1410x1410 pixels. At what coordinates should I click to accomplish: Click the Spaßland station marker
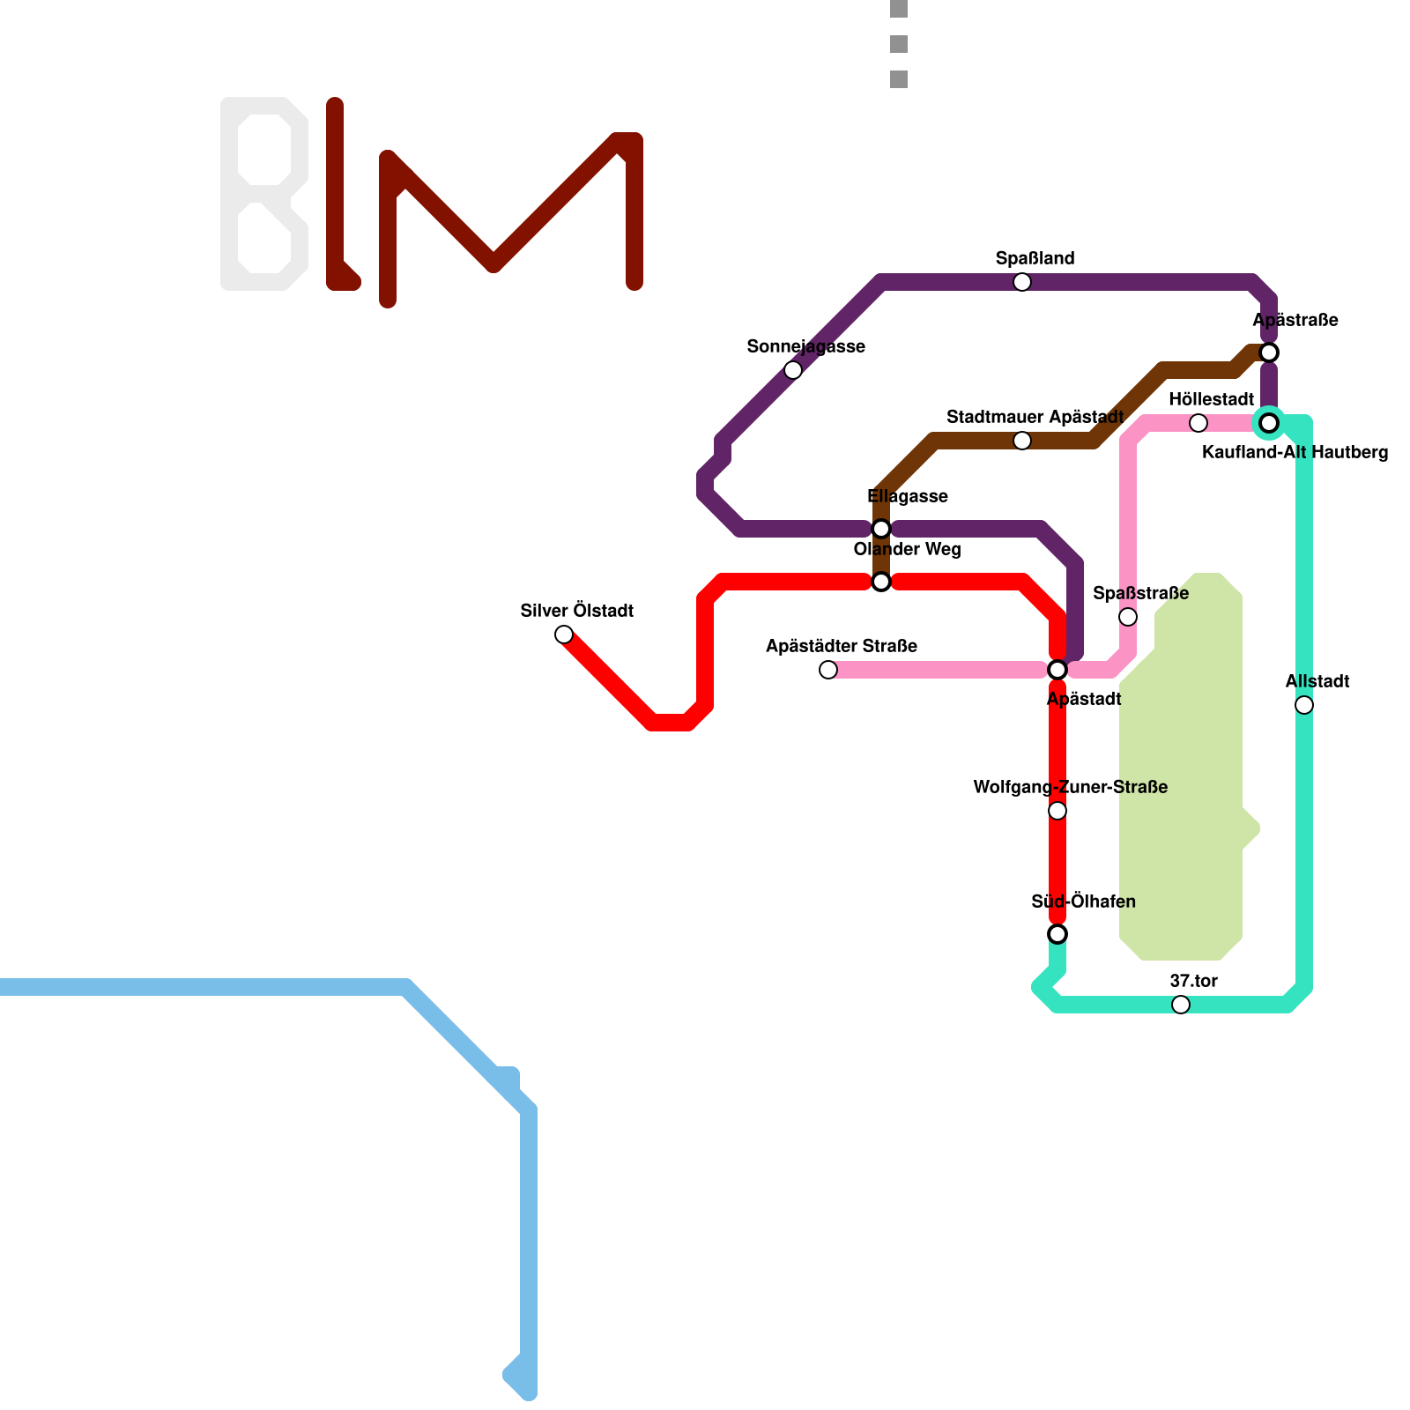[1022, 282]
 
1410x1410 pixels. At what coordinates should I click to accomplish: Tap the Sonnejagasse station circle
[793, 370]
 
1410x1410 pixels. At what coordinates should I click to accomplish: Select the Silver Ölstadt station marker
[564, 634]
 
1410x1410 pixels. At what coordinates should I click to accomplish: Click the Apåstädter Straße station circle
[828, 670]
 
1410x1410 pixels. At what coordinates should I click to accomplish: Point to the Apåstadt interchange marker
[1057, 670]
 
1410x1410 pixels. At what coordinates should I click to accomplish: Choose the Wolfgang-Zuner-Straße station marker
[1057, 811]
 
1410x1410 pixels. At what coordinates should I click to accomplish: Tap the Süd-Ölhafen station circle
[1057, 934]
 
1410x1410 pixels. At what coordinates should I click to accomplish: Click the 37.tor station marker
[1181, 1005]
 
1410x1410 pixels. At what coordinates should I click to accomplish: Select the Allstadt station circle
[1304, 705]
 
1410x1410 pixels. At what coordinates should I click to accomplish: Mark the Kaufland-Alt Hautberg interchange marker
[1269, 423]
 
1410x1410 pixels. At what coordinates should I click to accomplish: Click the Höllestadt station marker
[1198, 423]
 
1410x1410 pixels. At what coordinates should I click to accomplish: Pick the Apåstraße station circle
[1269, 352]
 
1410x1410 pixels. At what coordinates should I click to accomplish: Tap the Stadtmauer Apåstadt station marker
[1022, 441]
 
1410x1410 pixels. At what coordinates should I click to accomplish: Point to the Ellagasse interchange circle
[881, 529]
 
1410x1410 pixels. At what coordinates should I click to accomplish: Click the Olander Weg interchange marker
[881, 582]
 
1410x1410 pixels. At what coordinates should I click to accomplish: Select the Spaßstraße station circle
[1128, 617]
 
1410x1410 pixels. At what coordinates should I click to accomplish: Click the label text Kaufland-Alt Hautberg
[1295, 453]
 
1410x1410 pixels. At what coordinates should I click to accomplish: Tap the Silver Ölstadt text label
[577, 611]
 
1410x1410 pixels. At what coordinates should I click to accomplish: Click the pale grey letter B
[264, 194]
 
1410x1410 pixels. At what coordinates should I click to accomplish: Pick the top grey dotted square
[899, 9]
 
